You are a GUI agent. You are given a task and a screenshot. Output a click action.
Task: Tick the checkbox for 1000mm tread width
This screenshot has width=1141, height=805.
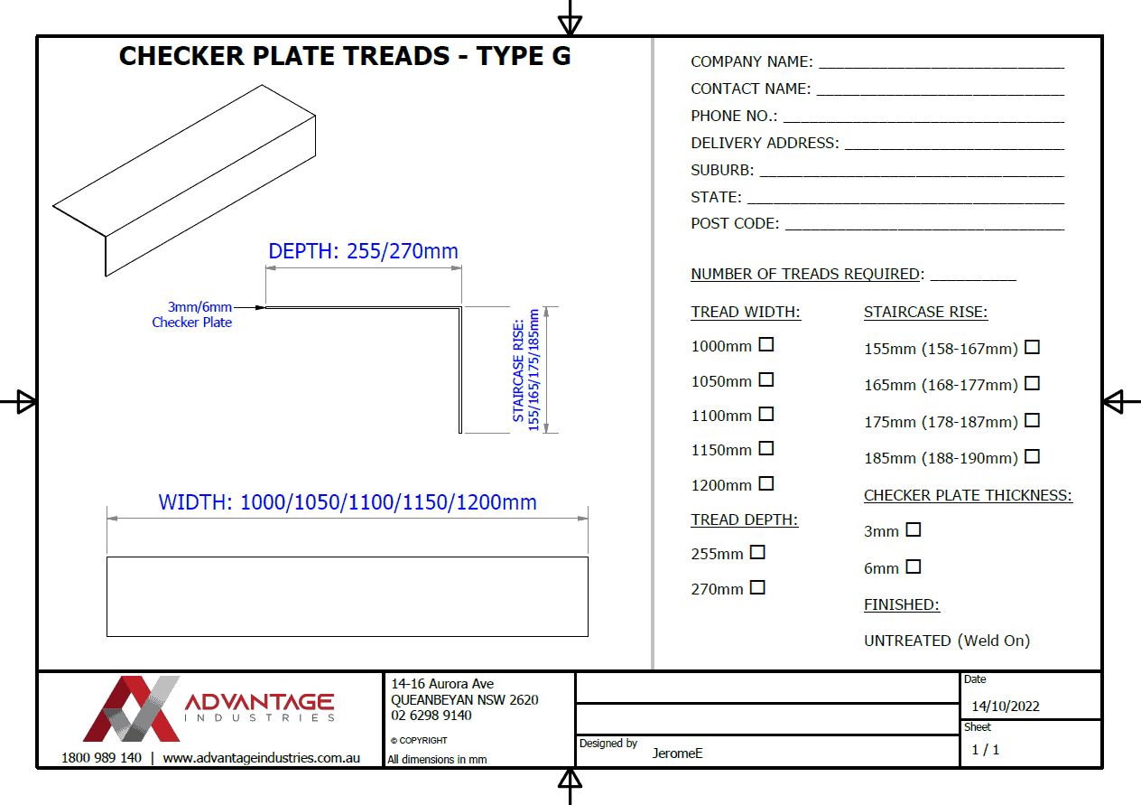[766, 344]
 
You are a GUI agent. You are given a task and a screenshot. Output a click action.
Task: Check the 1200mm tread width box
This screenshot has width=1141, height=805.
[766, 483]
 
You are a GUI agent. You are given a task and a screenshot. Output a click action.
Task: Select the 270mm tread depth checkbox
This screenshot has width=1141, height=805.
[757, 587]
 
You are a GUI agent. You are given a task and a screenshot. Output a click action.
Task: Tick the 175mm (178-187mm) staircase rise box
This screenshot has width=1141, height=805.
[1032, 420]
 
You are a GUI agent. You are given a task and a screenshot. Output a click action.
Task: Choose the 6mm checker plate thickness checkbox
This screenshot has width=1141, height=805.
[914, 566]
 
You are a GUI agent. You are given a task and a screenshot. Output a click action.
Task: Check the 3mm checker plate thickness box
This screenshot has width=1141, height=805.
[914, 529]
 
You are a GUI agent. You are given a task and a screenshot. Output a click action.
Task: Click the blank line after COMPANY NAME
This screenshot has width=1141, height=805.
[942, 64]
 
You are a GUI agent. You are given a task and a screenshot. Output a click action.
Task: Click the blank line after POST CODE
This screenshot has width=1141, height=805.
[924, 226]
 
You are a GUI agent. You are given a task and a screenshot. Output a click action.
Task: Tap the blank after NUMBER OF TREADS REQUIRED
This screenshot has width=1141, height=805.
[973, 276]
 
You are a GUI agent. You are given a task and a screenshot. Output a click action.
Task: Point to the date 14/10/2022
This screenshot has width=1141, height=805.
[1006, 707]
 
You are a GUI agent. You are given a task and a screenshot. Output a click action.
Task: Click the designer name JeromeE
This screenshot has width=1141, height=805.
[677, 752]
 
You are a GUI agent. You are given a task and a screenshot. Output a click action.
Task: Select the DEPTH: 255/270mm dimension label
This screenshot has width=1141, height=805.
[364, 251]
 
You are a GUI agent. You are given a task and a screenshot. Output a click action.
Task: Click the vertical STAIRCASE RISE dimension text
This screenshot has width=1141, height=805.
[525, 370]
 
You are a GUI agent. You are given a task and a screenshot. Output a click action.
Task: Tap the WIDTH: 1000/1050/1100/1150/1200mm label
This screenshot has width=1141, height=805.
[348, 502]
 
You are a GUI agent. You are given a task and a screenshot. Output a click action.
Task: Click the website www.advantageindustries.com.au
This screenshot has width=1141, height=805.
[261, 758]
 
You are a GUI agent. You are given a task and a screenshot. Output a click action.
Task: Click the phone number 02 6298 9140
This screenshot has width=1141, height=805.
[431, 716]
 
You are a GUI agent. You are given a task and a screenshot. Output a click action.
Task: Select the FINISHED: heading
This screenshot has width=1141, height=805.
[901, 605]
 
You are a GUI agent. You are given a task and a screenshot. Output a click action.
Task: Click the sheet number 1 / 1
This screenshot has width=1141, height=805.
[985, 750]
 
